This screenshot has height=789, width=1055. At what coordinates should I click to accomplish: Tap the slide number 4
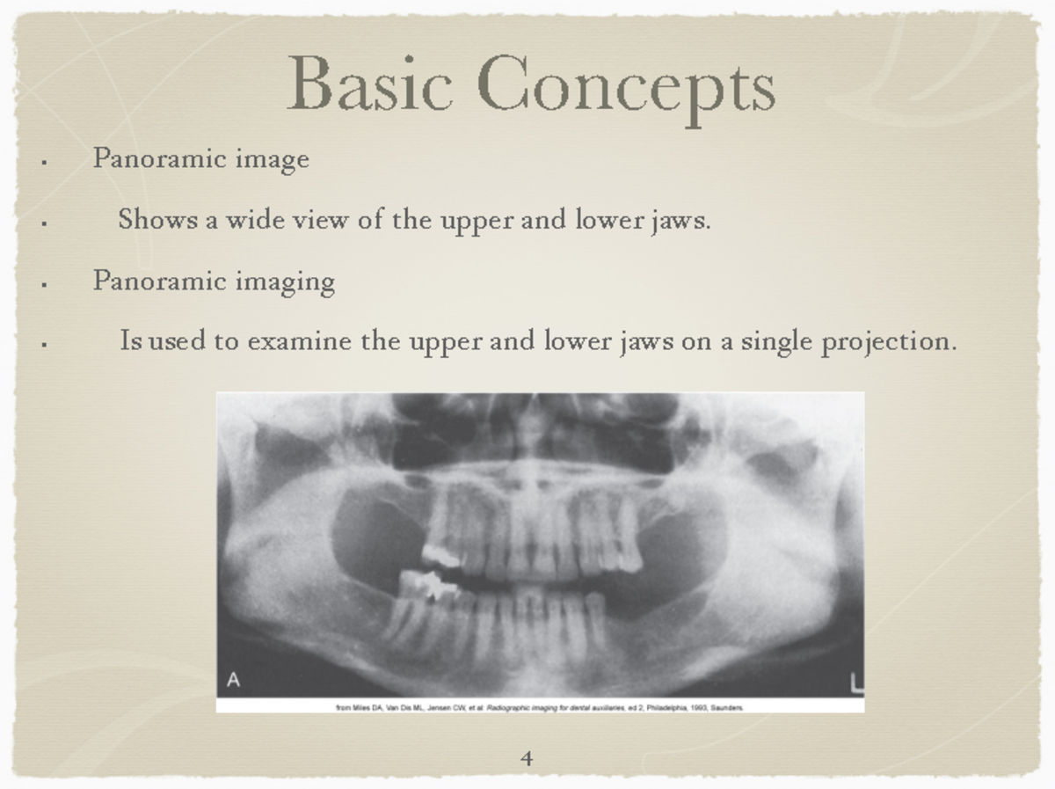(527, 757)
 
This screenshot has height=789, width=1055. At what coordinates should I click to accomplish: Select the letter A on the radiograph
(234, 679)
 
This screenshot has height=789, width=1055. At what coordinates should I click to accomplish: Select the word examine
(299, 340)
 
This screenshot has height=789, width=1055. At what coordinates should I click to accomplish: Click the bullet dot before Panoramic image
(43, 163)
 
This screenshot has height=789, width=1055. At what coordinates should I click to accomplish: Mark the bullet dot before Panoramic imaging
(43, 285)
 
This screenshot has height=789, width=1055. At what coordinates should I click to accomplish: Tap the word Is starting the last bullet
(130, 340)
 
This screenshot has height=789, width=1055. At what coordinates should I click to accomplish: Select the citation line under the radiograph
(540, 706)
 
